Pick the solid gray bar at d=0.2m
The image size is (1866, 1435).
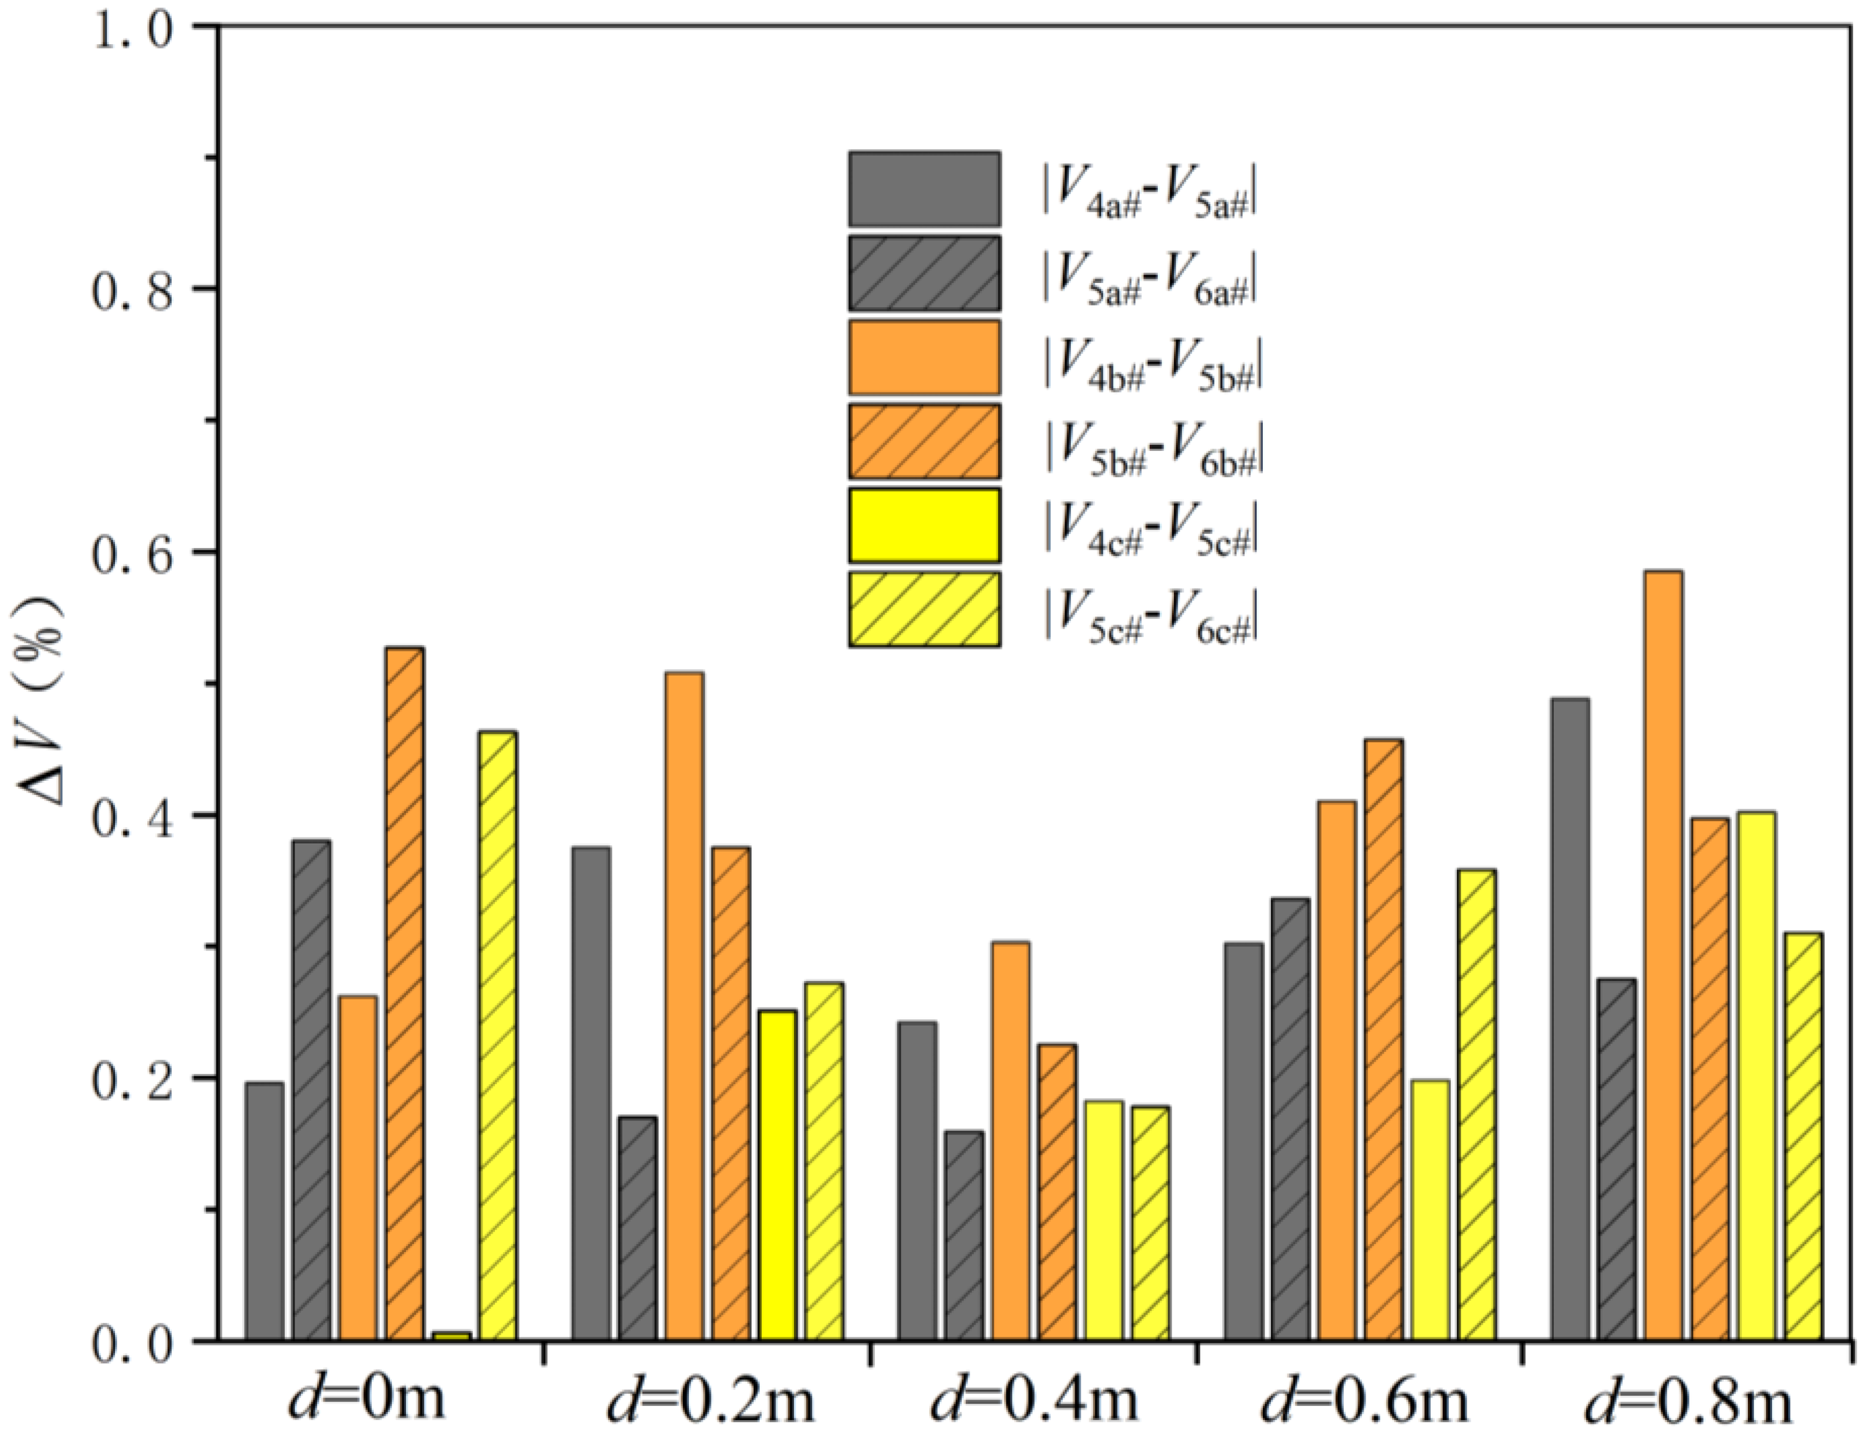[x=591, y=1093]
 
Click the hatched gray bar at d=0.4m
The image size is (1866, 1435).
[x=964, y=1235]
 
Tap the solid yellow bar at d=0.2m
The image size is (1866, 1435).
[x=776, y=1175]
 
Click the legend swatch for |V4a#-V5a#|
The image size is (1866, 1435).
[x=924, y=189]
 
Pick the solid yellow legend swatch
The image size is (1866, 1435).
[x=924, y=524]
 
